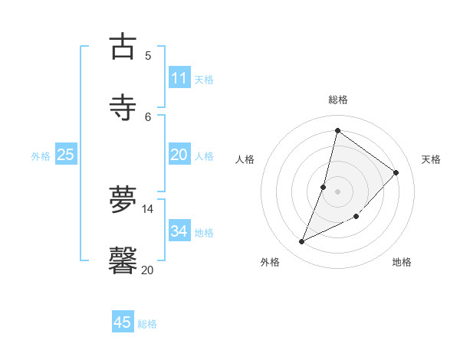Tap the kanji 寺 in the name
123,107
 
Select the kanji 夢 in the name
123,200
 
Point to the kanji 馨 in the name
123,260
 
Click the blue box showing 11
179,78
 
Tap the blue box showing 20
179,155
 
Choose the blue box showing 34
179,231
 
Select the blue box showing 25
66,155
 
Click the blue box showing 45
123,322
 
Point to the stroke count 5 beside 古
148,55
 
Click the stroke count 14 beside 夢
148,208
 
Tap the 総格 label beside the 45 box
147,324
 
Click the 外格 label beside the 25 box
41,156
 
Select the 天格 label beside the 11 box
204,80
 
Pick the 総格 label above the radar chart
337,100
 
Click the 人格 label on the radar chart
245,159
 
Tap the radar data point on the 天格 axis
396,172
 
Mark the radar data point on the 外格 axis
302,242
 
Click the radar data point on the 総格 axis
337,131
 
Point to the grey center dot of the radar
337,191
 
